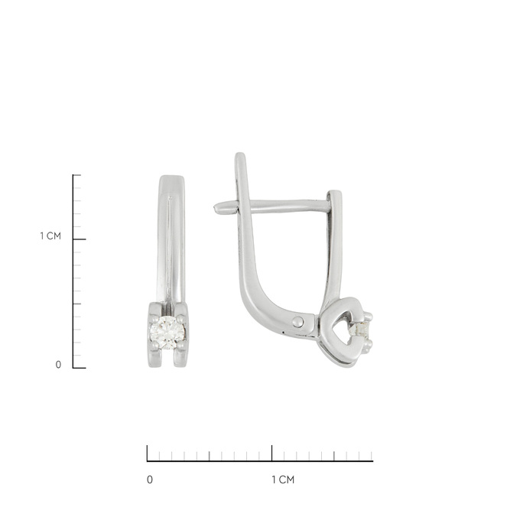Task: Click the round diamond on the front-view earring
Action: [167, 333]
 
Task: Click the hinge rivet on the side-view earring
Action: [297, 322]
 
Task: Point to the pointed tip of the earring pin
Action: [215, 208]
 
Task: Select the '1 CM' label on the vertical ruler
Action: [50, 236]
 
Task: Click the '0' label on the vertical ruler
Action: [58, 365]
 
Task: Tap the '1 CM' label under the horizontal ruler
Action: [283, 480]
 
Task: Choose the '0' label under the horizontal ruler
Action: [150, 480]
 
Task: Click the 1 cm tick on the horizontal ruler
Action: [272, 453]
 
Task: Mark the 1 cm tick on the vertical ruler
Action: [80, 239]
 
